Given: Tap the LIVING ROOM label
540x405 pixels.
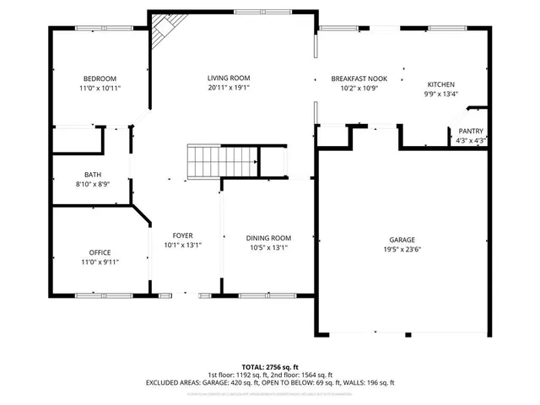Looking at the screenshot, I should click(229, 78).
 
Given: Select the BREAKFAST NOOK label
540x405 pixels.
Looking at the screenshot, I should click(358, 78).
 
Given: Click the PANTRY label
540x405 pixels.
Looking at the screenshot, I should click(471, 132).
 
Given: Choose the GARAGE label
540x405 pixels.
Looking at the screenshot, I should click(402, 240).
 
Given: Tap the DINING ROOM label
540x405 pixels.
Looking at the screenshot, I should click(268, 238).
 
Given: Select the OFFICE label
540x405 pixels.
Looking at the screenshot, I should click(100, 252).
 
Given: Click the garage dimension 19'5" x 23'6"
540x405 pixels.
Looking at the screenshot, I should click(402, 250).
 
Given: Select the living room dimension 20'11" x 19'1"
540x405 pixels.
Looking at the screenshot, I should click(229, 88).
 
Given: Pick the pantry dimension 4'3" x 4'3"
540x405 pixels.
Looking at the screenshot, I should click(471, 141).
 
